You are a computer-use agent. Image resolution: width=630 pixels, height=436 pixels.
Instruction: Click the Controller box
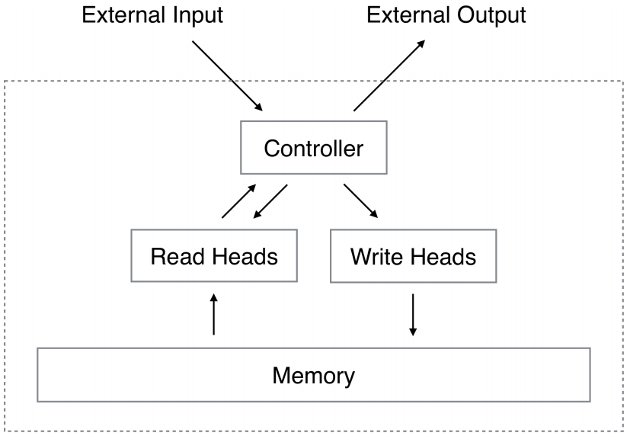313,148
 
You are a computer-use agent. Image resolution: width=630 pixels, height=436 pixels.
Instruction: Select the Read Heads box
213,256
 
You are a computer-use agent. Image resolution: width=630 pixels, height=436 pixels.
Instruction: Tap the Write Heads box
413,256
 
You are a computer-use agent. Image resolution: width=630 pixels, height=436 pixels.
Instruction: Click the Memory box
313,375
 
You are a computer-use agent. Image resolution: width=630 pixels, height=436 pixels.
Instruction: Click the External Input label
152,16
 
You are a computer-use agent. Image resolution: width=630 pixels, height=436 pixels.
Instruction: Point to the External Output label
446,16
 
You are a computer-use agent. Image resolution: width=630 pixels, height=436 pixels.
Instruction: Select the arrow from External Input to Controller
227,75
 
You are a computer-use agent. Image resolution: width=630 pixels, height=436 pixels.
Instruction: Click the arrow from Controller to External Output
390,75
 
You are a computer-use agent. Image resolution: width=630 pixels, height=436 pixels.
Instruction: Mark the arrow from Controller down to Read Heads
271,201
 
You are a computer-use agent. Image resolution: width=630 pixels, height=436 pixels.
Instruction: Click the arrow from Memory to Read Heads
214,314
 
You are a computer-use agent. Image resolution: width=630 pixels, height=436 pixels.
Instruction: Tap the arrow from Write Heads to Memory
412,314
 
